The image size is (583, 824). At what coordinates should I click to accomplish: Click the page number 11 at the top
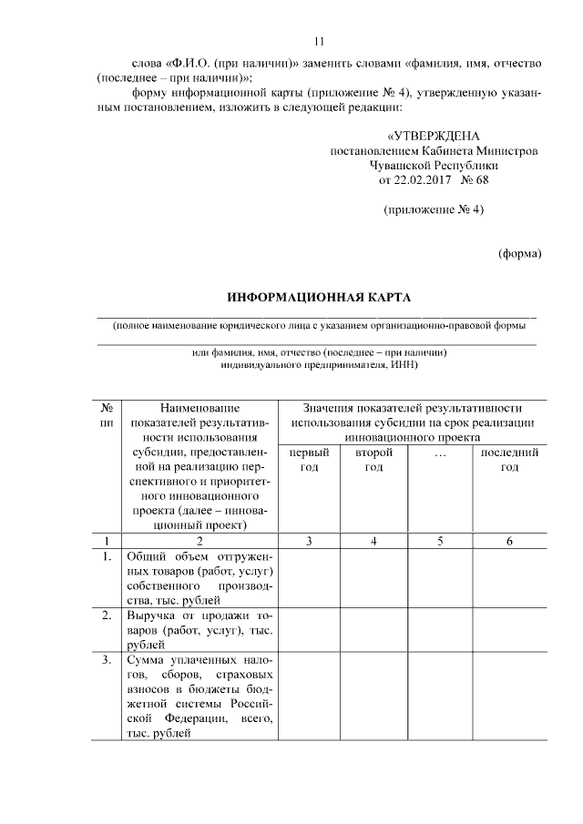click(319, 41)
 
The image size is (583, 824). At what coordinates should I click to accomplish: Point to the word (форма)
click(519, 253)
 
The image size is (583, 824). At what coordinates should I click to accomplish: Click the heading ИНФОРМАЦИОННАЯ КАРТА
click(319, 298)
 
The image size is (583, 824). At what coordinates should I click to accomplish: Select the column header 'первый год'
click(310, 459)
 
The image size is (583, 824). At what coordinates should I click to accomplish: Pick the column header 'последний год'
click(509, 459)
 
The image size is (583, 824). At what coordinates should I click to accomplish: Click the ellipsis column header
click(441, 453)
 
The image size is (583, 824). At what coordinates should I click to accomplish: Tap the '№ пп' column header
click(107, 416)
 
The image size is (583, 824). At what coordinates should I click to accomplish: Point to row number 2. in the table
click(107, 615)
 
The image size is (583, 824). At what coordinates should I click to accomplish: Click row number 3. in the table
click(107, 659)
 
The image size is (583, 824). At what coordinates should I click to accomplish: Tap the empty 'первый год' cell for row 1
click(310, 578)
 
